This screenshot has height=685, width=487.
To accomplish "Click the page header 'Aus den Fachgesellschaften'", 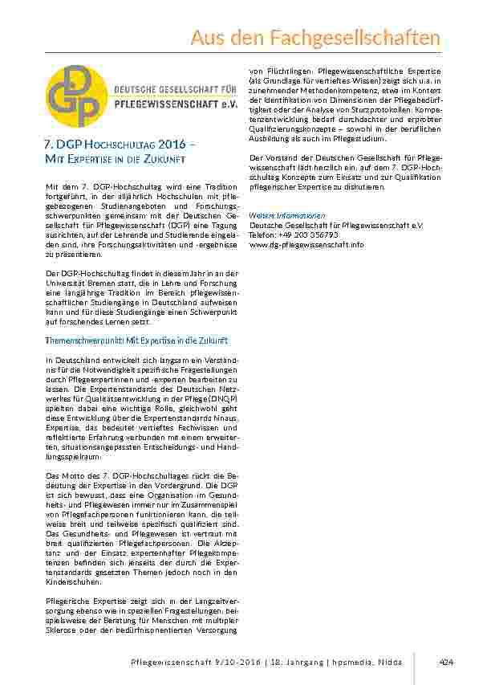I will click(x=315, y=38).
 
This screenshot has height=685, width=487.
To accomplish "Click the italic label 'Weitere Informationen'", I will click(x=287, y=215).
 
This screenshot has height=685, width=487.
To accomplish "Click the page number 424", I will click(x=447, y=662).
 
